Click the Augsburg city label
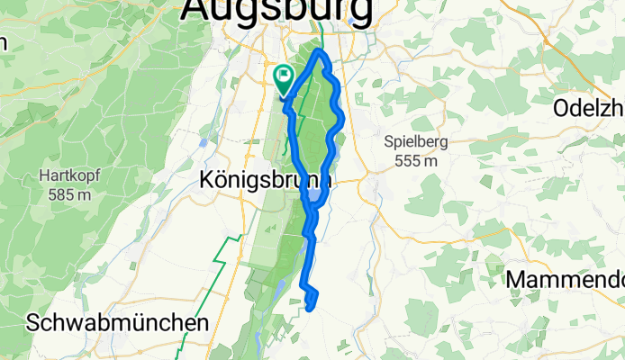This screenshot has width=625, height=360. click(x=277, y=11)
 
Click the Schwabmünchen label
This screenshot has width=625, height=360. click(x=117, y=322)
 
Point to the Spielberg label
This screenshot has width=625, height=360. click(x=415, y=142)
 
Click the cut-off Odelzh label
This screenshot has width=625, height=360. click(x=589, y=106)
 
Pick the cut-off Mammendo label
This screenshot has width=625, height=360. click(x=565, y=279)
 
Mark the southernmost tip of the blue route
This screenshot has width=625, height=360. click(x=310, y=309)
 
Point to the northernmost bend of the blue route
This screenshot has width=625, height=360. click(x=319, y=54)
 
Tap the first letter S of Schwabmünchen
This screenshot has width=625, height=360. click(x=33, y=322)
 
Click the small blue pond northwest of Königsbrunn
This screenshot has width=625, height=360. click(x=204, y=141)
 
